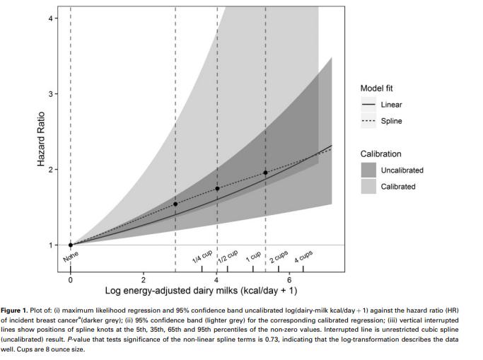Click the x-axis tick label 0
(x=70, y=279)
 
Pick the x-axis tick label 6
(x=289, y=279)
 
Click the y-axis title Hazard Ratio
(x=41, y=140)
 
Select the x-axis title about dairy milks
(x=201, y=291)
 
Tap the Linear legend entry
(x=391, y=105)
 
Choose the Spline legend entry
(x=391, y=121)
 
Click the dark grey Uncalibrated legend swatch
(x=369, y=170)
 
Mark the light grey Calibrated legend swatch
(x=369, y=187)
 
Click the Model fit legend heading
(x=381, y=88)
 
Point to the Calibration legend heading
(x=380, y=153)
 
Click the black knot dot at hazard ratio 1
(x=71, y=245)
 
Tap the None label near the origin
(x=71, y=257)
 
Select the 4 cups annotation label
(x=303, y=256)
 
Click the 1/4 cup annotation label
(x=202, y=257)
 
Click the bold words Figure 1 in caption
(x=17, y=311)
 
